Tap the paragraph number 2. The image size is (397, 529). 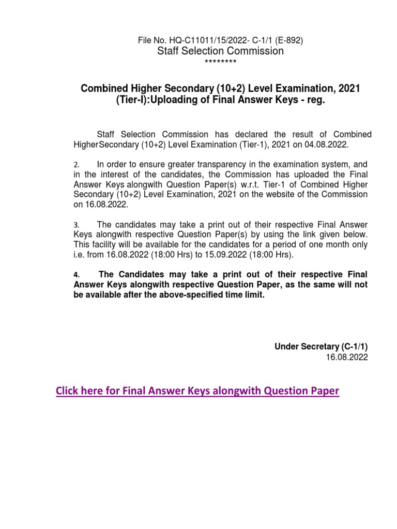click(75, 164)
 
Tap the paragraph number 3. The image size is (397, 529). click(75, 225)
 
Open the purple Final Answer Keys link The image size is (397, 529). click(197, 391)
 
